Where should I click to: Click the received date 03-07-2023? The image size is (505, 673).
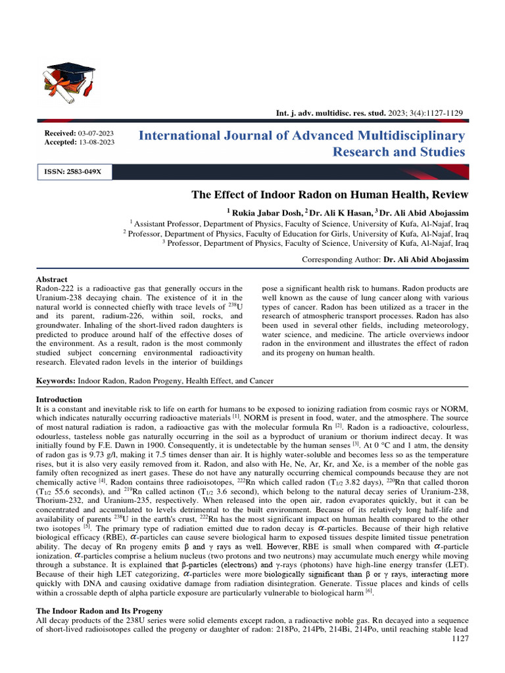coord(96,134)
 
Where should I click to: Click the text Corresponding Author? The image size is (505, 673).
coord(341,260)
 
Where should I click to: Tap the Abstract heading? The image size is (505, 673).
coord(52,279)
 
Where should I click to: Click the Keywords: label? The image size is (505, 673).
coord(56,381)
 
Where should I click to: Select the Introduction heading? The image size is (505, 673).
coord(59,399)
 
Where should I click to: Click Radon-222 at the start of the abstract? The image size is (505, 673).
coord(55,289)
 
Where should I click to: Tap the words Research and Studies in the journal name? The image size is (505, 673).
coord(398,152)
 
